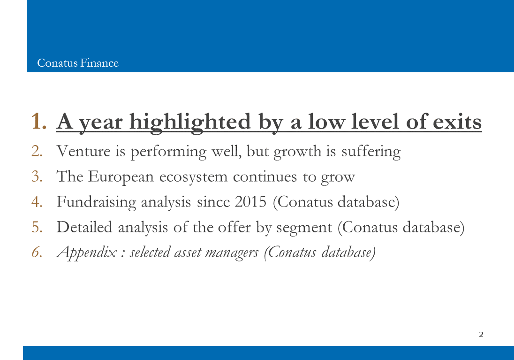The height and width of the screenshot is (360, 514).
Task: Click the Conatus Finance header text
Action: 78,63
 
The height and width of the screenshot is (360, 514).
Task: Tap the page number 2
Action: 481,334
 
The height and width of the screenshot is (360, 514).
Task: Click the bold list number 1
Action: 38,122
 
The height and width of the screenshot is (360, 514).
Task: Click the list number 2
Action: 37,151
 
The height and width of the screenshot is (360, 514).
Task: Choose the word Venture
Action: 83,151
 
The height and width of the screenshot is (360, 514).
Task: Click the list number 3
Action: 37,176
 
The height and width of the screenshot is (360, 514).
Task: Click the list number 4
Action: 37,202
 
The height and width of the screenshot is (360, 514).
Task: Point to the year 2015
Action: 251,202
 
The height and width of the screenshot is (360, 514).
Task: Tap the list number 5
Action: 37,227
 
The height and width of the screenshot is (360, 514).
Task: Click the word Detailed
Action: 84,227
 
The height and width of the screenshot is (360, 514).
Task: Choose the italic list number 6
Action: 37,253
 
